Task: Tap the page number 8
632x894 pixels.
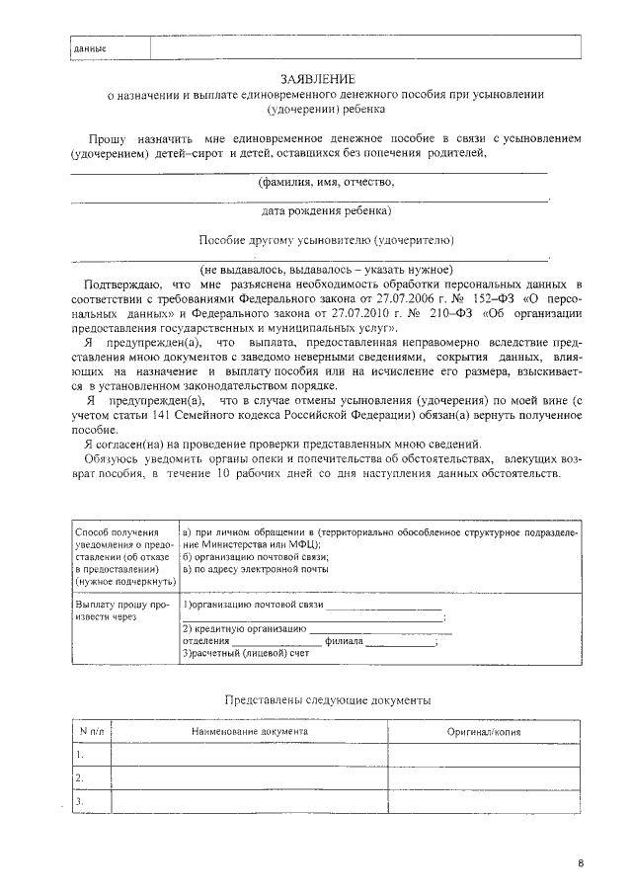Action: click(580, 864)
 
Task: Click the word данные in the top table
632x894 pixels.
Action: click(90, 48)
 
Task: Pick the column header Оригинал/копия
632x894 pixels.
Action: click(484, 732)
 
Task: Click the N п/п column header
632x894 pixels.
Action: click(91, 732)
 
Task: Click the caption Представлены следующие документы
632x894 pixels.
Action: click(327, 699)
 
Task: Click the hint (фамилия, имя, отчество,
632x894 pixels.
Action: click(327, 183)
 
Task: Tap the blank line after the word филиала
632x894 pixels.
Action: click(400, 642)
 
